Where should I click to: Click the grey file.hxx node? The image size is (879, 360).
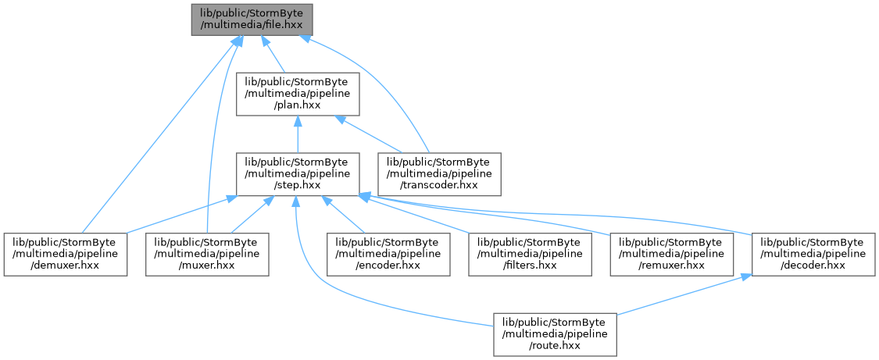tap(252, 20)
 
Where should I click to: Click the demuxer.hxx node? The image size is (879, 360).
tap(66, 254)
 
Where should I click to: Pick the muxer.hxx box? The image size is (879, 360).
tap(207, 254)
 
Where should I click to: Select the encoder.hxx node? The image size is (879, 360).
tap(388, 254)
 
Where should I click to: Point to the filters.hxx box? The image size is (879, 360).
tap(531, 254)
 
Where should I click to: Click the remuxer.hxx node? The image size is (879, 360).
tap(672, 254)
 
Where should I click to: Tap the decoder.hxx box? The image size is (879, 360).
tap(813, 254)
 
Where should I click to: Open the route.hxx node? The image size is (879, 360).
tap(555, 333)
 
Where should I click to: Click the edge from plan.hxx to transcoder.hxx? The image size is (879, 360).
tap(370, 134)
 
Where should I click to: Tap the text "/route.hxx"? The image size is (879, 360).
tap(555, 345)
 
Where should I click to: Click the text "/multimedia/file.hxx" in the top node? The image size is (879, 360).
tap(252, 25)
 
